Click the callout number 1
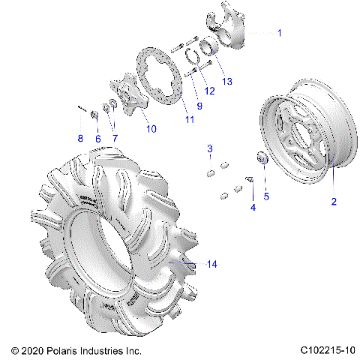pos(280,33)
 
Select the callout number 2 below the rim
pos(334,201)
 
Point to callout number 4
pos(253,206)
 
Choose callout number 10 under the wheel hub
pos(151,129)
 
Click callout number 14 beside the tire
pos(211,264)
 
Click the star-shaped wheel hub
pos(127,98)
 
